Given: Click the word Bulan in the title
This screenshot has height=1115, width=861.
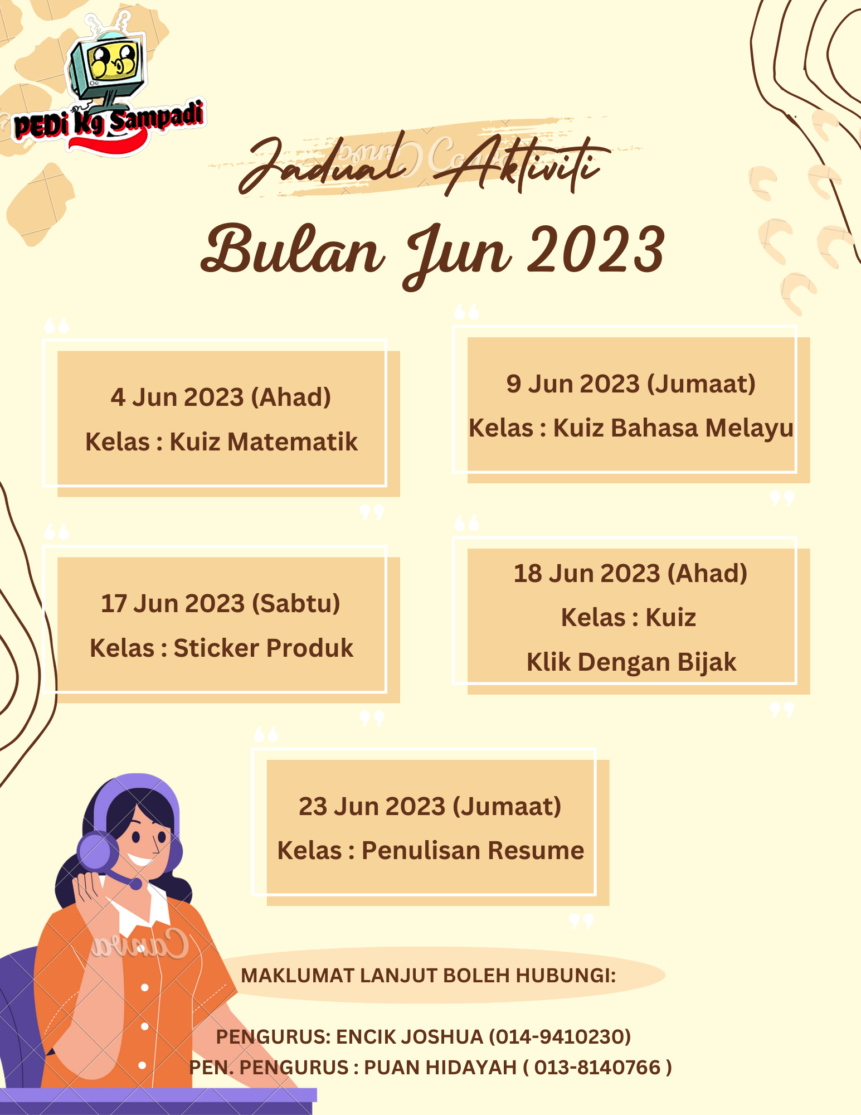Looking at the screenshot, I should pyautogui.click(x=293, y=251).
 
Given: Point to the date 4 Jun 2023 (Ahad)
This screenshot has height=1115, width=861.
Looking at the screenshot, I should pyautogui.click(x=221, y=397).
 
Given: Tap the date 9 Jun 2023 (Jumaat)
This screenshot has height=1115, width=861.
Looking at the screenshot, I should pyautogui.click(x=631, y=384).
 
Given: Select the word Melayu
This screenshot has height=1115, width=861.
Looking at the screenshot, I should pyautogui.click(x=749, y=428).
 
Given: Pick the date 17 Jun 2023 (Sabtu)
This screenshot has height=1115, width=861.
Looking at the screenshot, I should pyautogui.click(x=221, y=604).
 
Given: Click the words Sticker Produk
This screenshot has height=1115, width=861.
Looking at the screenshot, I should pyautogui.click(x=263, y=648).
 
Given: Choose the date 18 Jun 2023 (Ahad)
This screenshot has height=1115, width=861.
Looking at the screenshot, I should pyautogui.click(x=630, y=574).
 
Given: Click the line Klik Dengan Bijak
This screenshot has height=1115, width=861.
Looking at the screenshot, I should pyautogui.click(x=631, y=662).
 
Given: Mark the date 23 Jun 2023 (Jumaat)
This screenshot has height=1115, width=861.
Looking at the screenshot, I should pyautogui.click(x=430, y=807).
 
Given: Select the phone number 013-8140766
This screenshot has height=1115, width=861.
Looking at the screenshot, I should pyautogui.click(x=597, y=1068).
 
